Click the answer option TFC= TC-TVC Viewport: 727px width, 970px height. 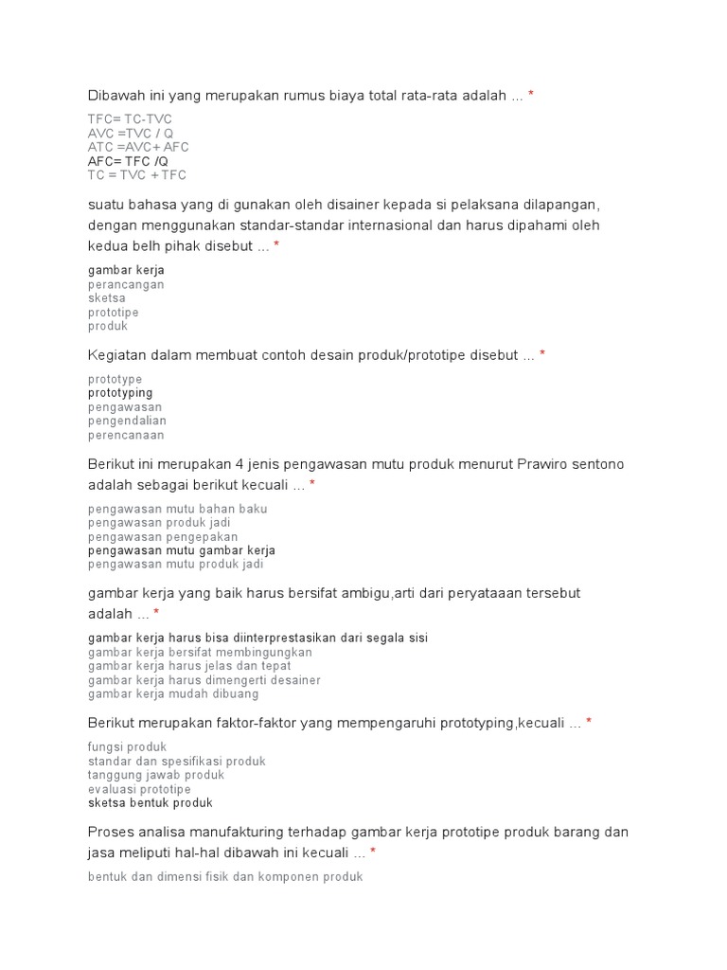click(131, 119)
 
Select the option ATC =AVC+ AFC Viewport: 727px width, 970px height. click(138, 148)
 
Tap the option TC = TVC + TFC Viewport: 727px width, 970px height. click(137, 175)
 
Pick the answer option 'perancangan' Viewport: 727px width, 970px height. click(126, 284)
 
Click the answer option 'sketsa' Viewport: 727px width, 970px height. click(107, 298)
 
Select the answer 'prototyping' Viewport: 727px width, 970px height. click(120, 393)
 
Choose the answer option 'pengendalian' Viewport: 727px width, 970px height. click(127, 421)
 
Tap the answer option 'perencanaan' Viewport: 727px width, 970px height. click(126, 435)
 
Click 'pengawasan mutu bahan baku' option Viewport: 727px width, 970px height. click(178, 509)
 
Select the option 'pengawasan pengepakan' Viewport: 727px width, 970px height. click(163, 537)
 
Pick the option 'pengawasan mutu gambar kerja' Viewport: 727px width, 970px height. click(182, 550)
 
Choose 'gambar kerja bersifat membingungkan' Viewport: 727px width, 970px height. click(200, 653)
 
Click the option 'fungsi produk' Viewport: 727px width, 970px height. click(127, 747)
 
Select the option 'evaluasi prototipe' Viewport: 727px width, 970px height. click(139, 789)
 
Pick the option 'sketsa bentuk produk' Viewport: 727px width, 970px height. click(151, 803)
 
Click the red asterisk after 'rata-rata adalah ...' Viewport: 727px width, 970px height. click(531, 96)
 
